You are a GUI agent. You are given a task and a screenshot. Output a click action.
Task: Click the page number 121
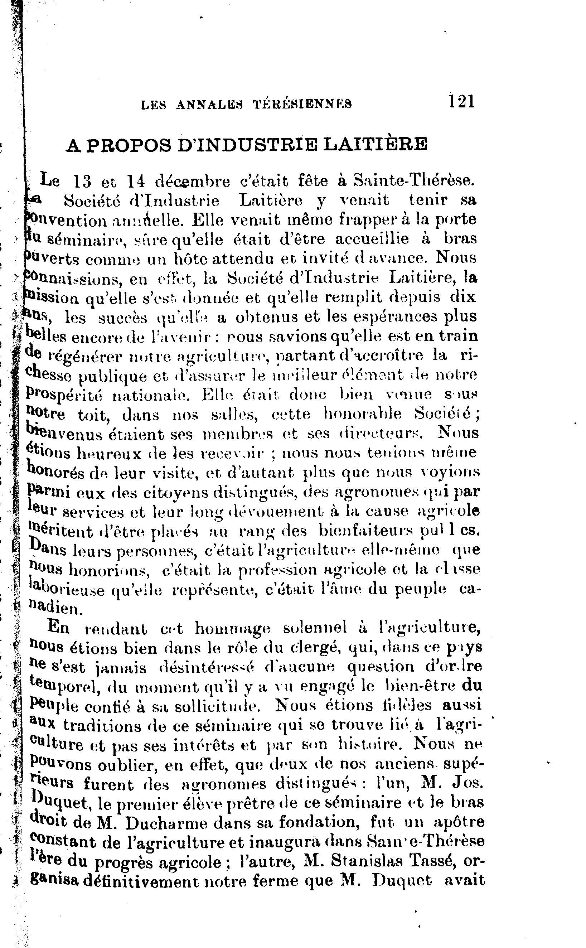click(461, 102)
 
